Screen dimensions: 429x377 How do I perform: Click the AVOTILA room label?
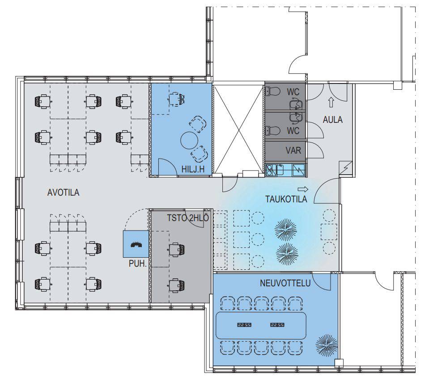point(63,193)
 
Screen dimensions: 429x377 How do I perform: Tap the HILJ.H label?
point(193,169)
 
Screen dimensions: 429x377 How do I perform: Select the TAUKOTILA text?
point(286,199)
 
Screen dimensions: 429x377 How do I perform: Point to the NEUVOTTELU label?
point(285,283)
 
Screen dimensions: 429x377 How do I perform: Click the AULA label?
point(333,120)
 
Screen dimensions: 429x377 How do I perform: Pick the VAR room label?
point(293,151)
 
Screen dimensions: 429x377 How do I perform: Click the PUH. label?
point(138,264)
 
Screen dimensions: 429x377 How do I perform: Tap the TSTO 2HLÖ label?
point(188,218)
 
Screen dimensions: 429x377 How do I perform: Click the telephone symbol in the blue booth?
point(136,245)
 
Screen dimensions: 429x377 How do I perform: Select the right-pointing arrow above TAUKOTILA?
point(303,189)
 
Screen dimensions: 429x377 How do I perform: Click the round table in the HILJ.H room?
point(189,140)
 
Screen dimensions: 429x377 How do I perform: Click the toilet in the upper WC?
point(273,91)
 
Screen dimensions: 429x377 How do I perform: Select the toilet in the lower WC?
point(273,130)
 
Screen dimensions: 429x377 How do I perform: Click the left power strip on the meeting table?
point(244,325)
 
